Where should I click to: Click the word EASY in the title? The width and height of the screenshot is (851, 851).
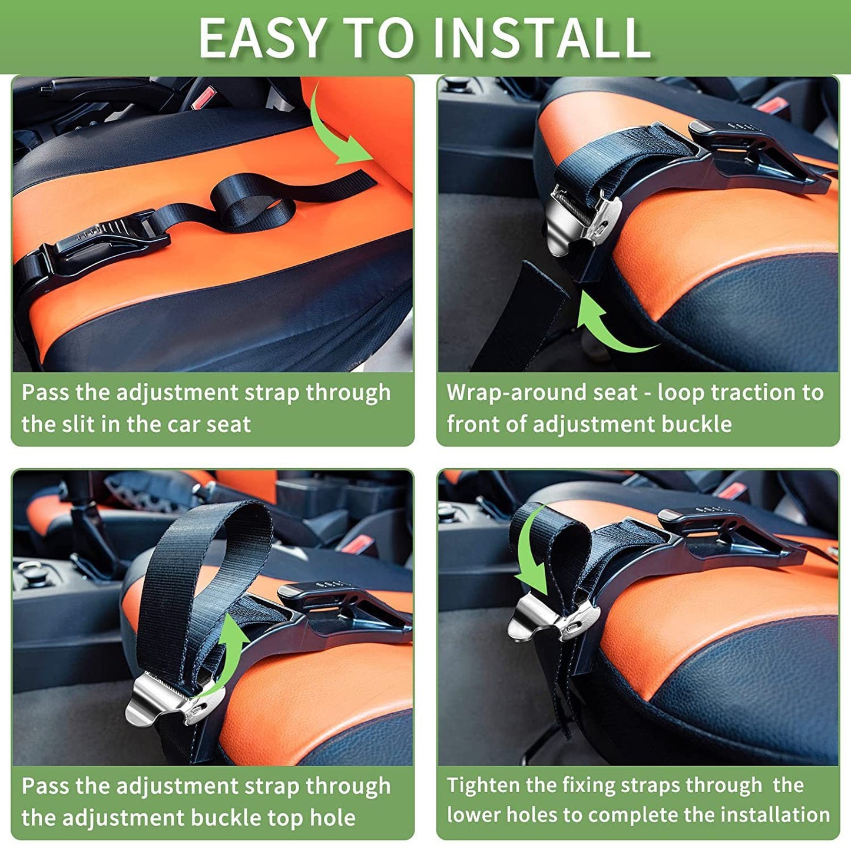[x=262, y=38]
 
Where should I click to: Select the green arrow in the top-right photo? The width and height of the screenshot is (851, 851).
[x=607, y=324]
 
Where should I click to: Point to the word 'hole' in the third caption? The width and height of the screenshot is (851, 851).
[x=333, y=817]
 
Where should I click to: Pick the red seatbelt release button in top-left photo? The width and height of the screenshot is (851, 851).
[x=204, y=97]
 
